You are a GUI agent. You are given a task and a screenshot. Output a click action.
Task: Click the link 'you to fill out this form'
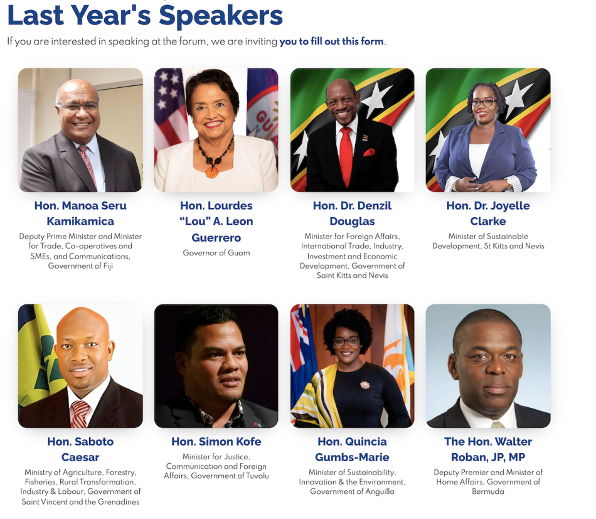tap(331, 41)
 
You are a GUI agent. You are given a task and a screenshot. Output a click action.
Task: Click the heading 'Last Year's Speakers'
tap(145, 15)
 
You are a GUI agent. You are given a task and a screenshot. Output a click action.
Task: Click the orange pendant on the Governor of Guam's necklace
tap(211, 172)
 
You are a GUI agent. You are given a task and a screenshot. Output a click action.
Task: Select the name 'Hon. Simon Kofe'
tap(216, 441)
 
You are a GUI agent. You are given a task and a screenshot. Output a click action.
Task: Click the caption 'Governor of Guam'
tap(216, 253)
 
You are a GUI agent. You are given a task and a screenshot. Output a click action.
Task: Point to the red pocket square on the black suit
tap(369, 152)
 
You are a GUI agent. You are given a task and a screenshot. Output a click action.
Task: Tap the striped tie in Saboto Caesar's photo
tap(80, 414)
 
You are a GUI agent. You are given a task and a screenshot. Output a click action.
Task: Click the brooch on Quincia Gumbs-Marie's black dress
tap(365, 385)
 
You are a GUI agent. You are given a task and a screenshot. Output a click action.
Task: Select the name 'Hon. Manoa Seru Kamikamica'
tap(80, 213)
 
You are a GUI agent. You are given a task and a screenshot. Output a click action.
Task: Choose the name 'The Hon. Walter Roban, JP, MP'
tap(488, 449)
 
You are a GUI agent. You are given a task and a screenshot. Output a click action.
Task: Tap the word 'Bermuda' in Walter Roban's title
tap(488, 491)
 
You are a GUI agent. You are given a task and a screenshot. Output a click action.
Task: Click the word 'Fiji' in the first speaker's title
tap(108, 265)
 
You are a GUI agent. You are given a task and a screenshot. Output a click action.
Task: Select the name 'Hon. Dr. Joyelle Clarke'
tap(488, 213)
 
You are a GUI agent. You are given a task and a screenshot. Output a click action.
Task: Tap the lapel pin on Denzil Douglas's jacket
tap(365, 137)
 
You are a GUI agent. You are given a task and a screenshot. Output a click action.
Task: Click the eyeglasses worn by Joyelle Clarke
tap(484, 102)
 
